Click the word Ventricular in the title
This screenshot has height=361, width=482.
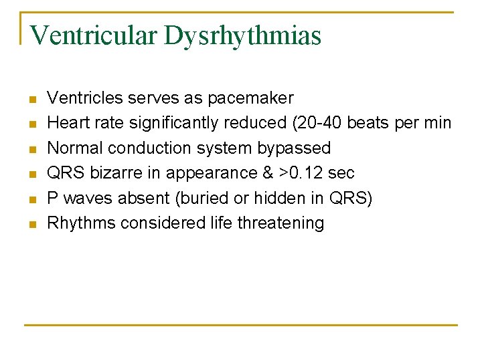pos(94,35)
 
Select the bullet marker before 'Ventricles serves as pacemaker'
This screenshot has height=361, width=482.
pos(31,100)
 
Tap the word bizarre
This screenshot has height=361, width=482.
pos(117,173)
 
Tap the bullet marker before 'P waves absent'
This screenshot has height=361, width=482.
pos(31,199)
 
